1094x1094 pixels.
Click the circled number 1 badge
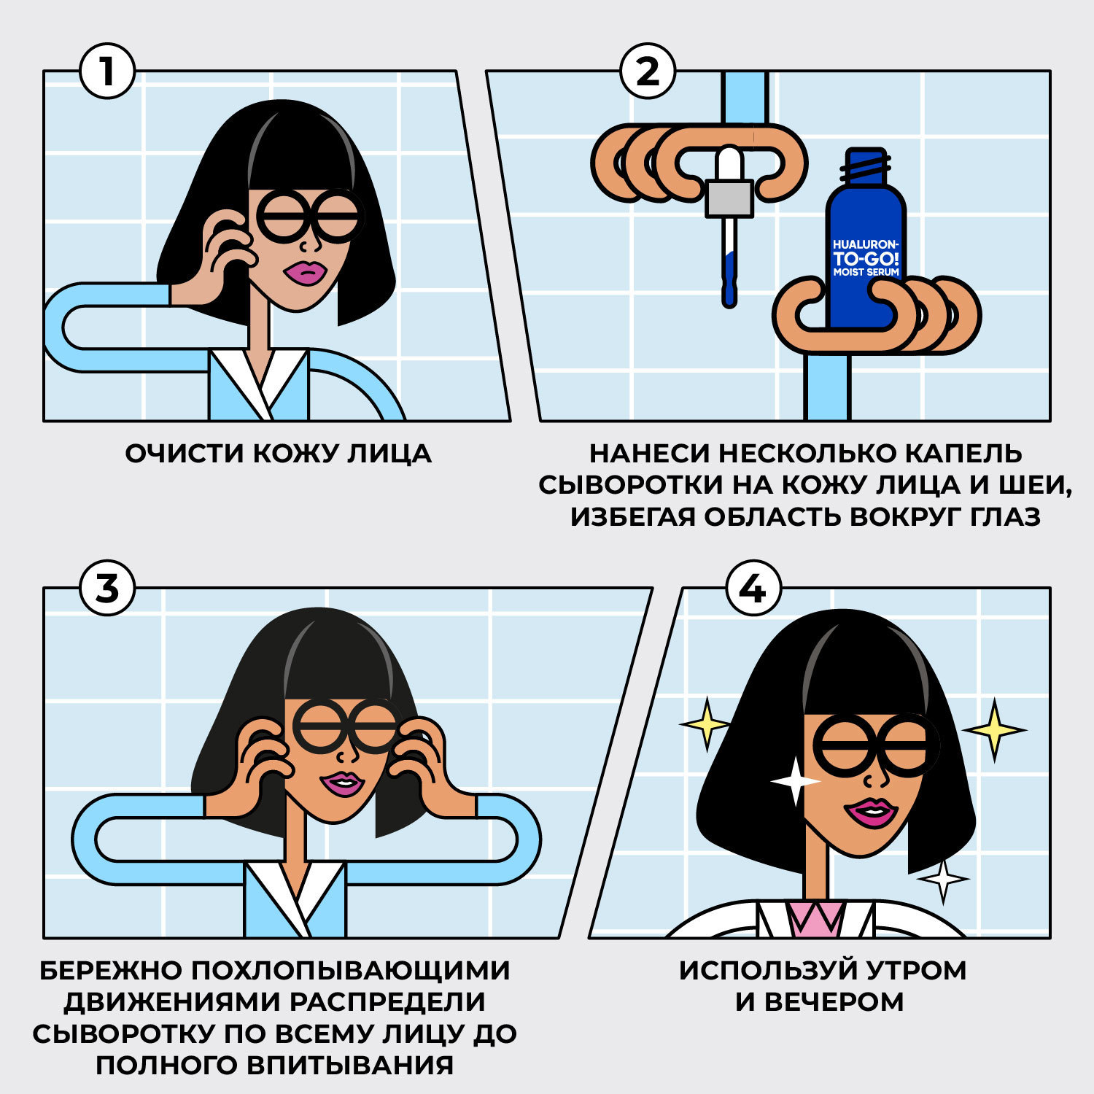(107, 71)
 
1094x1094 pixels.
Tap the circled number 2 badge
(648, 71)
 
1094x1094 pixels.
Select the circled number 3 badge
(107, 588)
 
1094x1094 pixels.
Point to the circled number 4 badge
(753, 588)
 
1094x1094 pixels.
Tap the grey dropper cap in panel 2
(729, 198)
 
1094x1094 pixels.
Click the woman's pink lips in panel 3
(342, 784)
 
